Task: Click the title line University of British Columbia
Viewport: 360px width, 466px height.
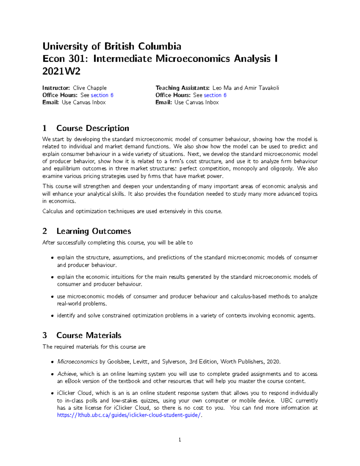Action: tap(112, 47)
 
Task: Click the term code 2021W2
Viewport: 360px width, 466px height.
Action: tap(61, 71)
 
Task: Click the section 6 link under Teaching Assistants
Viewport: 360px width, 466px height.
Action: tap(215, 95)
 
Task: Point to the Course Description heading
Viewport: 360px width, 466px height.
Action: tap(92, 128)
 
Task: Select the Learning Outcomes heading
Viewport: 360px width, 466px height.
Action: tap(94, 231)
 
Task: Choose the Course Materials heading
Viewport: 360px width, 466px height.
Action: tap(89, 335)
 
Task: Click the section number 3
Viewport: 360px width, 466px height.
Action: tap(45, 335)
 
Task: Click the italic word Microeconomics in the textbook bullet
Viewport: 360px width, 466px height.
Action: tap(77, 362)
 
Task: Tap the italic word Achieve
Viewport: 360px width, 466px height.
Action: tap(67, 374)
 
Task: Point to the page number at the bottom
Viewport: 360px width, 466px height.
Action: tap(180, 440)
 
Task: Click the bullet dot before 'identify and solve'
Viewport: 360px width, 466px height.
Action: tap(52, 316)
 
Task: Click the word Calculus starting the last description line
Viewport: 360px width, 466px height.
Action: tap(53, 211)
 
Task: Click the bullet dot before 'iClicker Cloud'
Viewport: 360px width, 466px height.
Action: tap(52, 393)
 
